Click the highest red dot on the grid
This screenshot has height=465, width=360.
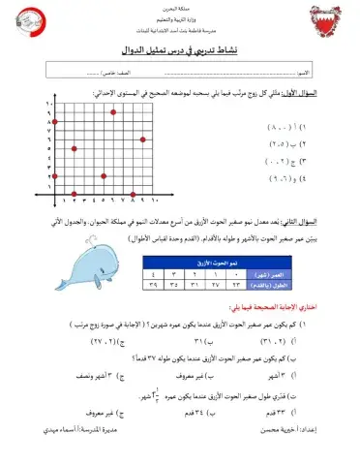tap(115, 111)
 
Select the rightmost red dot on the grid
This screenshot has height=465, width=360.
tap(143, 139)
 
